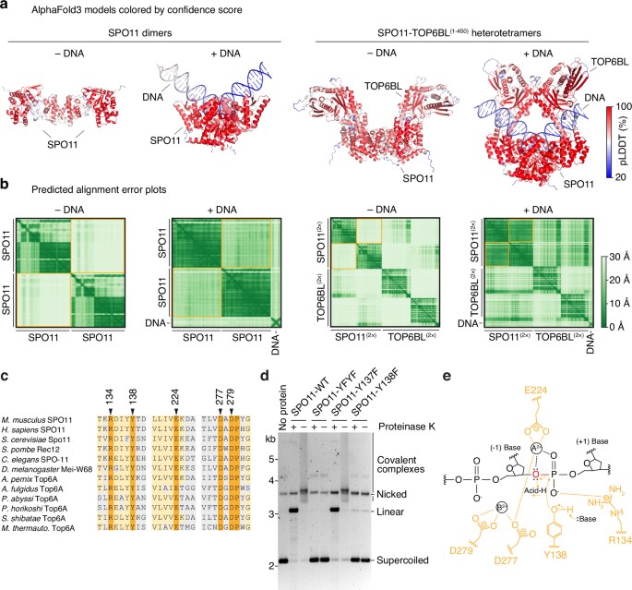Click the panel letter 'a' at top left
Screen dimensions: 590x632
[6, 6]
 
